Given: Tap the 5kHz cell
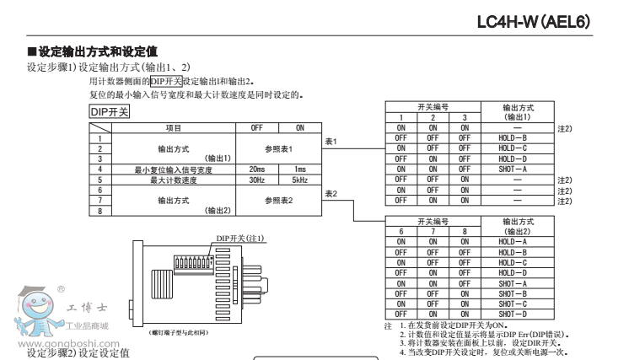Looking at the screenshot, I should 299,179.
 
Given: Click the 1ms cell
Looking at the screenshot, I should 299,169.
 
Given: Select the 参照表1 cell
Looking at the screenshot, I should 278,148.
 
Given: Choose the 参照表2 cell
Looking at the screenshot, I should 278,200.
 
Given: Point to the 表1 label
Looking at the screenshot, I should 331,141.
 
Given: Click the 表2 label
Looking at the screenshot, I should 331,194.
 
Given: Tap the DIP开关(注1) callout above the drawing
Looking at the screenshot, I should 240,239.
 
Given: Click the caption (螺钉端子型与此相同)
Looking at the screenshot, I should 179,333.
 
